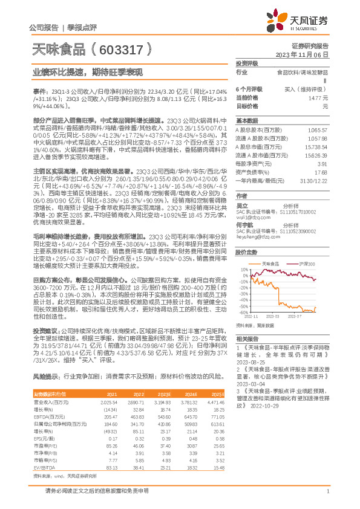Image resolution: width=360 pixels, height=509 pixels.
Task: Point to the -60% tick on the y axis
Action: coord(241,313)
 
